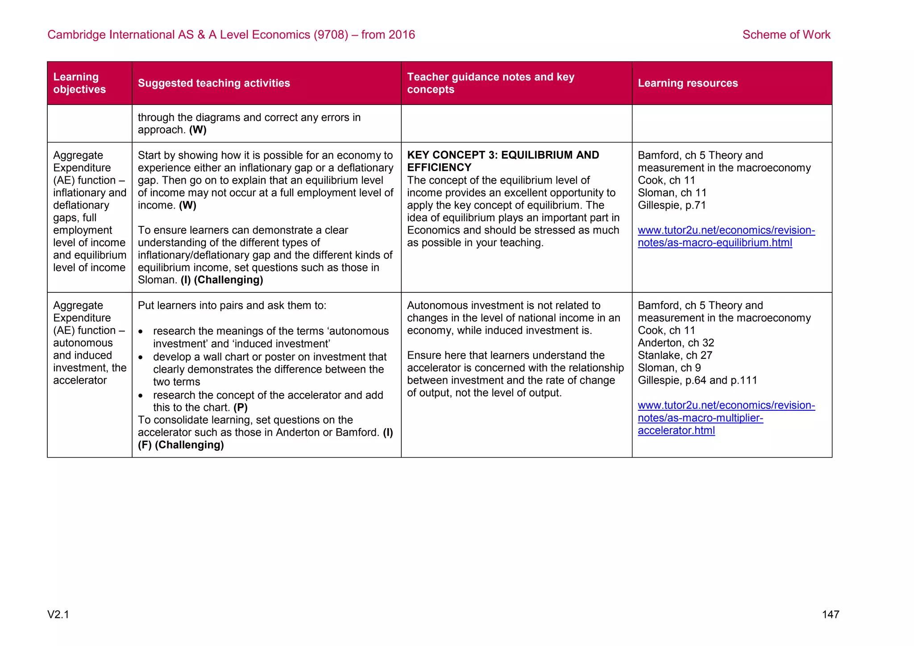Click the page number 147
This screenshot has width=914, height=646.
(830, 614)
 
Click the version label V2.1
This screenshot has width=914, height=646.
(58, 614)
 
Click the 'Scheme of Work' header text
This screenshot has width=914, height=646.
(786, 34)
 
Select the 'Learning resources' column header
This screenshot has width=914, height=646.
(687, 83)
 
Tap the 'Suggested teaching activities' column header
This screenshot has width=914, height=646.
(214, 83)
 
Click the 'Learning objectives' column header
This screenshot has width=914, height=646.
(79, 83)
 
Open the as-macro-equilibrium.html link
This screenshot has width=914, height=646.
(726, 237)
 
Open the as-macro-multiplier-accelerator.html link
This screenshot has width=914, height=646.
(726, 418)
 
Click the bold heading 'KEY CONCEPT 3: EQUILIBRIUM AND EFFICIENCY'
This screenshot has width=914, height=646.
(503, 161)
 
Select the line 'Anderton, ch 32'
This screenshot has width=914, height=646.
(676, 343)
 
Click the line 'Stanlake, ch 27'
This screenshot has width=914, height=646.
(675, 355)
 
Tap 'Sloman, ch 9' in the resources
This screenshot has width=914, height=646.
(669, 368)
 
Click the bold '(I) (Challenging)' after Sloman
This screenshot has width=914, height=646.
(222, 280)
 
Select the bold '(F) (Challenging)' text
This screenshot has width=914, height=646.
(181, 445)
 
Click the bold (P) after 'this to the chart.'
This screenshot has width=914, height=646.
(241, 408)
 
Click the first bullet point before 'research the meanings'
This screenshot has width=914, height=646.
(141, 332)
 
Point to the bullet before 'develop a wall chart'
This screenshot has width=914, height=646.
(141, 358)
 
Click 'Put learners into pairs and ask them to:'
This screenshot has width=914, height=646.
(232, 305)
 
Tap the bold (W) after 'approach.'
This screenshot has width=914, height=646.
(198, 130)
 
